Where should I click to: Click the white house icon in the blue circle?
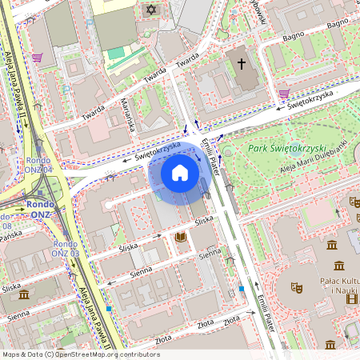[x=180, y=172]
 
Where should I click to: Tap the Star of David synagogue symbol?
[x=150, y=10]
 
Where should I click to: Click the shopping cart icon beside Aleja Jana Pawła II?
[x=37, y=58]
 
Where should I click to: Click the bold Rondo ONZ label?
[x=40, y=203]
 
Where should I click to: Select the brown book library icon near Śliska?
[x=181, y=237]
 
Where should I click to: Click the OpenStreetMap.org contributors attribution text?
[x=103, y=354]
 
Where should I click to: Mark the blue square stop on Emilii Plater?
[x=241, y=288]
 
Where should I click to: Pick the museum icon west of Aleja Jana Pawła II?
[x=23, y=294]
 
